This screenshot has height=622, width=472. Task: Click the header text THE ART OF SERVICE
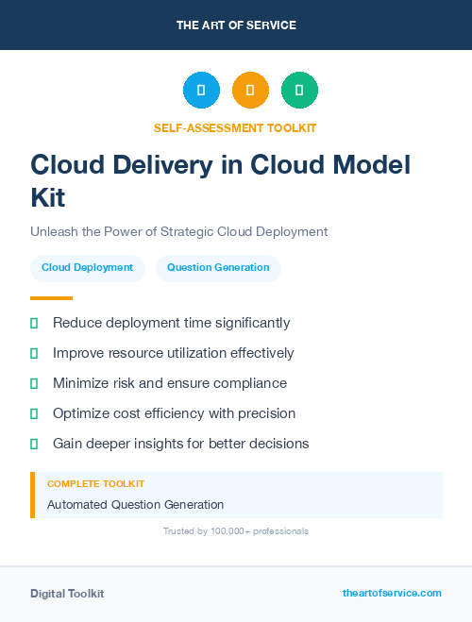coord(236,25)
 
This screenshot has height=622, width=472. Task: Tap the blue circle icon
coord(201,91)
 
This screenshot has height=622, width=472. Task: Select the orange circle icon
coord(250,91)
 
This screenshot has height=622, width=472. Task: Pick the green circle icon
coord(299,91)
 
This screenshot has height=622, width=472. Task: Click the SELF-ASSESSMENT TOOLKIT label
coord(235,127)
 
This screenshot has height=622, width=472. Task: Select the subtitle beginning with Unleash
coord(178,231)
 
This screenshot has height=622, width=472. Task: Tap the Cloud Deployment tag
coord(88,268)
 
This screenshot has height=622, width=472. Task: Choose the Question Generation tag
coord(218,268)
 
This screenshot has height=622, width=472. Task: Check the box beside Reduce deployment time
coord(34,323)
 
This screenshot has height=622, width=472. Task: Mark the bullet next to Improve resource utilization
coord(34,353)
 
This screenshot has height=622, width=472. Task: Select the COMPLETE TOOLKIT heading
coord(95,483)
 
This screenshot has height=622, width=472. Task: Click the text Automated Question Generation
coord(135,505)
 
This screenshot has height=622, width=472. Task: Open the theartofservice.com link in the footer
coord(392,593)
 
